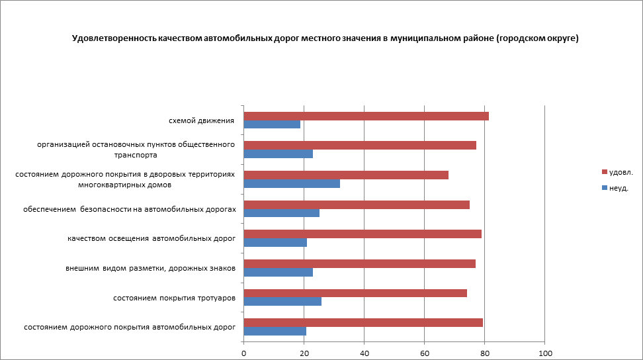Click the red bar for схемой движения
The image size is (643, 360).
(x=366, y=116)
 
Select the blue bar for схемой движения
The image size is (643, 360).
(x=272, y=124)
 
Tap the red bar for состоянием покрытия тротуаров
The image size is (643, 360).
(x=355, y=293)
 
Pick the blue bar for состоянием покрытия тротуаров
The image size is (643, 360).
(x=282, y=302)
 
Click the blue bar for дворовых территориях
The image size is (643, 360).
(x=292, y=183)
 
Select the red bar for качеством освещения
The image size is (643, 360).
(x=363, y=234)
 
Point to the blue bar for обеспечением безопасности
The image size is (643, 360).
(x=282, y=213)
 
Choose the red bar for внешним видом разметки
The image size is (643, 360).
(x=359, y=264)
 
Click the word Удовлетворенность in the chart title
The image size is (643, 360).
(x=114, y=38)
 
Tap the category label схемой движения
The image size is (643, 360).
(x=201, y=120)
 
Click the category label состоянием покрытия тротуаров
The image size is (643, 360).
(x=175, y=298)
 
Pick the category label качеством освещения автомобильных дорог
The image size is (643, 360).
(x=151, y=238)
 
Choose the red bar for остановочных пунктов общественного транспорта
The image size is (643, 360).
(x=360, y=146)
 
